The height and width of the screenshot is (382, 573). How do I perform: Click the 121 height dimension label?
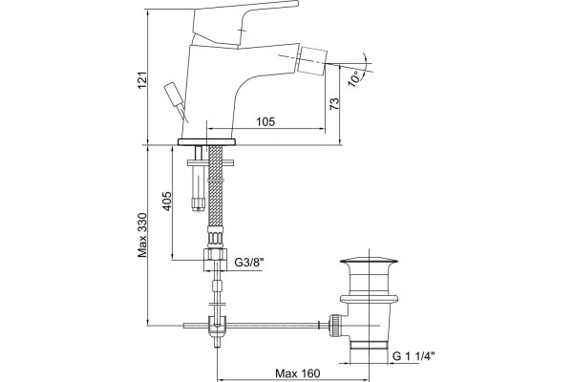coord(142,79)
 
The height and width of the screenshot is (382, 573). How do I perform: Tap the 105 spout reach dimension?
coord(265,121)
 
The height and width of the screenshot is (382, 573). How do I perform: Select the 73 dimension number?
coord(334,104)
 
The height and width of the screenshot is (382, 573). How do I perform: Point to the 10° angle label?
coord(355,79)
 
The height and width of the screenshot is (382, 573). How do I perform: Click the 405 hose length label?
coord(166,201)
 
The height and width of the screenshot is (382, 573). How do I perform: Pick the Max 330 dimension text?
coord(142,235)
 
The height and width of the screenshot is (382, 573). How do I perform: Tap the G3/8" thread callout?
coord(248,263)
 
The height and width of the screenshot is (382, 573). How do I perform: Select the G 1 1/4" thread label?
coord(414,355)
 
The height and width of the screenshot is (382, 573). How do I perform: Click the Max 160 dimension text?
coord(297,373)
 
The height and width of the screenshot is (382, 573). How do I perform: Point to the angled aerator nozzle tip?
coord(313,59)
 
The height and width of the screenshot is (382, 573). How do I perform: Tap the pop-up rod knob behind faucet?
coord(173,94)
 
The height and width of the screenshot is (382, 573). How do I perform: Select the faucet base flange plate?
coord(206,142)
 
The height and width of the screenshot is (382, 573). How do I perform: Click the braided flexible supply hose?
coord(215,185)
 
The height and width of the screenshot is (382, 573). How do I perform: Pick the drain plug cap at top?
coord(369,261)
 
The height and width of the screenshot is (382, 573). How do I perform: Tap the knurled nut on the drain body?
coord(334,325)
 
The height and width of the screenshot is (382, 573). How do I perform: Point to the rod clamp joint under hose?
coord(218,326)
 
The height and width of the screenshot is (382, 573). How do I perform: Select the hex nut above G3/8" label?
coord(215,254)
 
